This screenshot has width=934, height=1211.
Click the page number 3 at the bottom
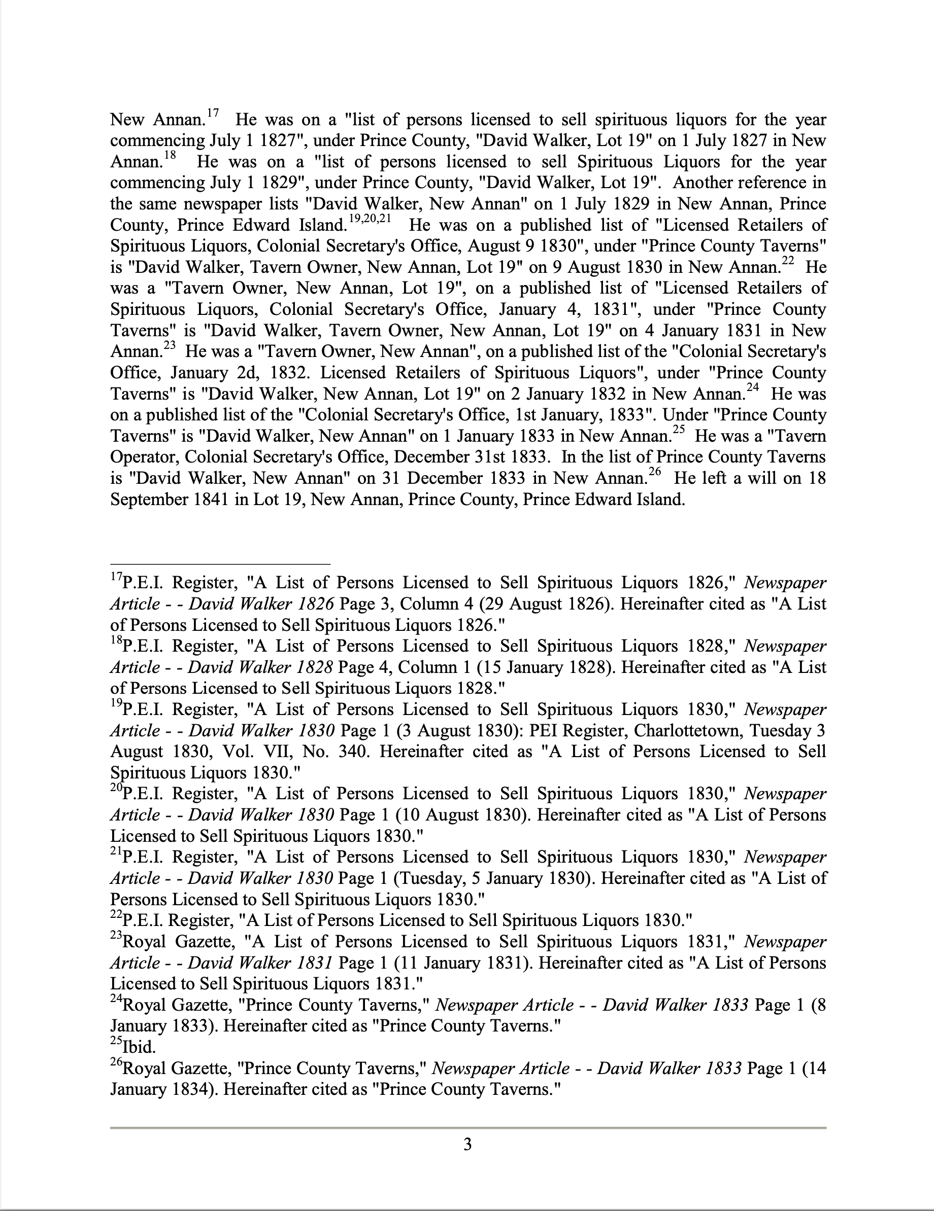[x=468, y=1145]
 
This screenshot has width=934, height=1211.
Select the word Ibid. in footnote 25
[x=139, y=1047]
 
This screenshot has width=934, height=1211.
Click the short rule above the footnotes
[x=220, y=564]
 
